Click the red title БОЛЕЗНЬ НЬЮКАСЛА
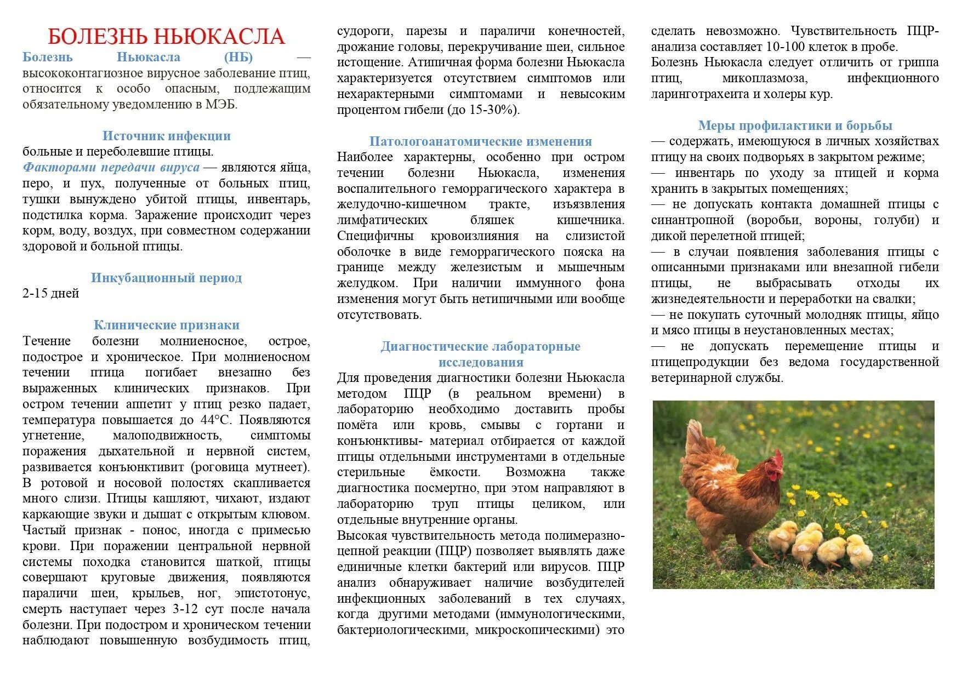point(166,37)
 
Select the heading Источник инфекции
point(166,136)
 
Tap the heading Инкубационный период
point(166,278)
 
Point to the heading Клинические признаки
point(166,325)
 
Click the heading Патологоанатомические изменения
point(480,141)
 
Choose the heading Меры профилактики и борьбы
point(795,125)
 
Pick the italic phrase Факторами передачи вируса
point(111,168)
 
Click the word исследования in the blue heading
point(480,362)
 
